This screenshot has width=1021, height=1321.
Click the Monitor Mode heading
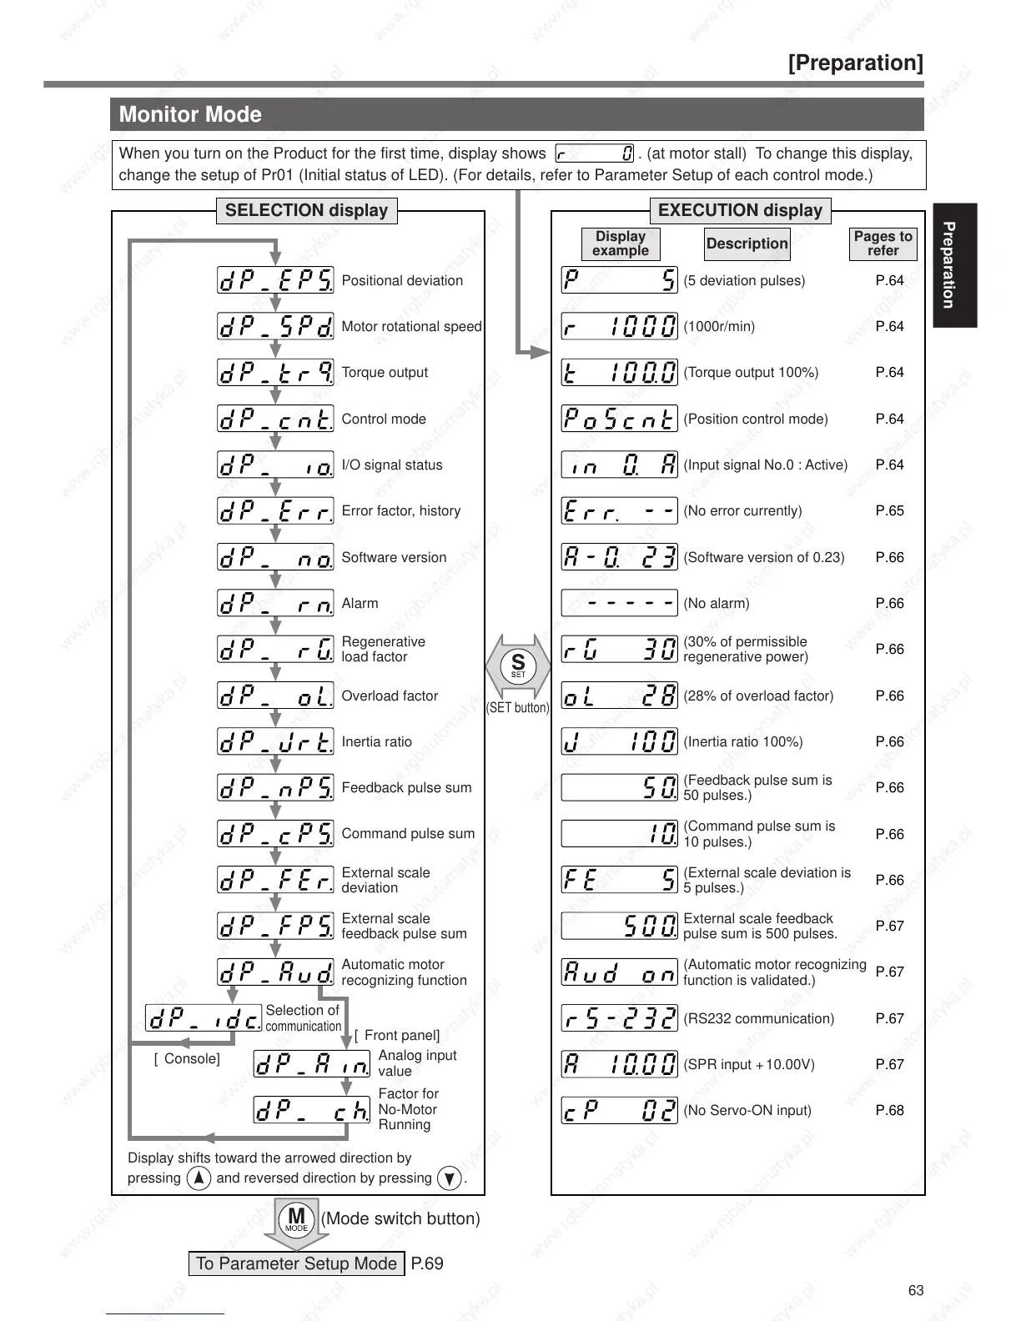190,114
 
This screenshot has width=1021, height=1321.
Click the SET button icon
518,666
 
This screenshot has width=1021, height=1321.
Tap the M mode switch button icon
296,1219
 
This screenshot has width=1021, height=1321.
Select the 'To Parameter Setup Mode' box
296,1263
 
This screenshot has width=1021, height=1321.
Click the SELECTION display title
306,210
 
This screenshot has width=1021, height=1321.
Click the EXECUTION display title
740,210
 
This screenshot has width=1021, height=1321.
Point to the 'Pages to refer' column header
883,244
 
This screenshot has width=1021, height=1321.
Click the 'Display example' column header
621,244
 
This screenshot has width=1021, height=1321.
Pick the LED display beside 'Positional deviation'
275,280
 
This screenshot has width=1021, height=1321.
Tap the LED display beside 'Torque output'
275,373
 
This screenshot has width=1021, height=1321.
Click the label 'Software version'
394,557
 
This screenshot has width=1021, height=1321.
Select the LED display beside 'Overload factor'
275,696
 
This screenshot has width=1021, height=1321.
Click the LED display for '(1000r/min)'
619,326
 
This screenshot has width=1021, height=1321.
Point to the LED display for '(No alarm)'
619,603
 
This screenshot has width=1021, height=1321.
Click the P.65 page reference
889,510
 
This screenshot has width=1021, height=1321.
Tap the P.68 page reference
889,1110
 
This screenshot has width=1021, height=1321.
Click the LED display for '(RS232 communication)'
619,1018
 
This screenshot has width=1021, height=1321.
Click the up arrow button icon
199,1178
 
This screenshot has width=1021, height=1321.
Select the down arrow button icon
450,1178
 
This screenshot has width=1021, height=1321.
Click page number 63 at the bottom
916,1290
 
